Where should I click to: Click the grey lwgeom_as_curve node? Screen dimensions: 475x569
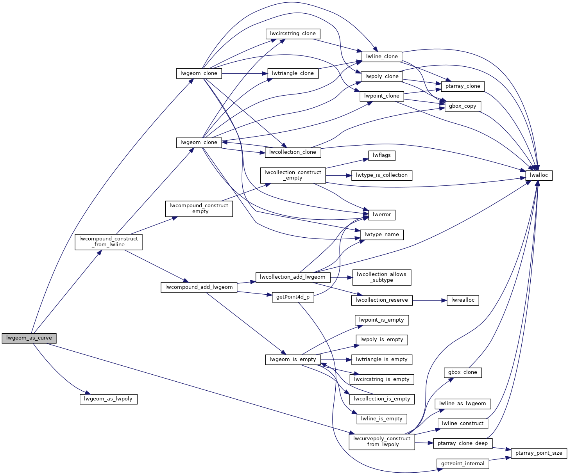coord(29,338)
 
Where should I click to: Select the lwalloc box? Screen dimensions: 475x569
coord(539,175)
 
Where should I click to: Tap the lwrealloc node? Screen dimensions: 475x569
coord(463,300)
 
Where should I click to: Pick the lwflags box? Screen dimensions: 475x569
coord(381,155)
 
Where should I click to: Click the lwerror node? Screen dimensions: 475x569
coord(381,215)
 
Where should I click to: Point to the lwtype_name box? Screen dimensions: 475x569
coord(381,235)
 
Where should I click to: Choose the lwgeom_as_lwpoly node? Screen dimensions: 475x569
coord(108,399)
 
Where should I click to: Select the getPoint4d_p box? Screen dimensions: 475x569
coord(293,297)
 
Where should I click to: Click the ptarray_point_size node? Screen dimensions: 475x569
coord(539,453)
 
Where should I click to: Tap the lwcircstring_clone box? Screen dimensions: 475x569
coord(293,34)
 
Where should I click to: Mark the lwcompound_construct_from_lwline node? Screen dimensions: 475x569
coord(108,242)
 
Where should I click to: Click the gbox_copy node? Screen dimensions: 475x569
coord(463,106)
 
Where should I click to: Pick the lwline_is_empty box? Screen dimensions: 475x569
coord(381,419)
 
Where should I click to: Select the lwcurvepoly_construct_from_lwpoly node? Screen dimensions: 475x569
coord(381,441)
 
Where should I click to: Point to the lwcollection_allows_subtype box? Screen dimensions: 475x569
coord(381,277)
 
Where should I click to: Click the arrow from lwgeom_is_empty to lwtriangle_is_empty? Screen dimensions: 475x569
coord(336,359)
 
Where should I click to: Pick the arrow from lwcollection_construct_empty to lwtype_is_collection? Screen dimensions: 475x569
coord(338,175)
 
